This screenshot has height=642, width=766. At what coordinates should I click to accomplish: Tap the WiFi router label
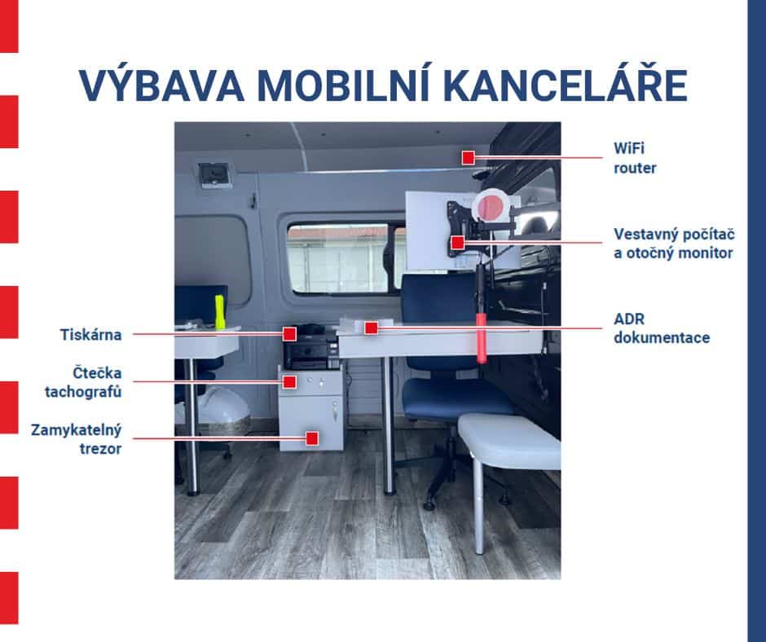[x=635, y=158]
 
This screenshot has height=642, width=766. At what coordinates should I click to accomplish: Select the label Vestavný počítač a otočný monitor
[x=674, y=244]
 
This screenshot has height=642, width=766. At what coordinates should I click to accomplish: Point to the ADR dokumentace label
[x=662, y=328]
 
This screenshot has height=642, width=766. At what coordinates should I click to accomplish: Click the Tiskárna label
[x=91, y=335]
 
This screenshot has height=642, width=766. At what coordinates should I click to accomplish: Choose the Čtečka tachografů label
[x=83, y=382]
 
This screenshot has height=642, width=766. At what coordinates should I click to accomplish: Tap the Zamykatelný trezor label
[x=77, y=439]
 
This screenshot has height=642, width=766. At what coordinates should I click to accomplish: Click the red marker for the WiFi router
[x=469, y=157]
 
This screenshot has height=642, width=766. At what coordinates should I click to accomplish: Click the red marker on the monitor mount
[x=457, y=242]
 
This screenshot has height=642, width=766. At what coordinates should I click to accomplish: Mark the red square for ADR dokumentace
[x=372, y=328]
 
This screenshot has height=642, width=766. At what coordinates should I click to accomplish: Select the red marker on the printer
[x=289, y=334]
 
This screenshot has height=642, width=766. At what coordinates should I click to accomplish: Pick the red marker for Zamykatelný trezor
[x=312, y=438]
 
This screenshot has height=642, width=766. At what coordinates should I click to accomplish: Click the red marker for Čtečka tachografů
[x=289, y=381]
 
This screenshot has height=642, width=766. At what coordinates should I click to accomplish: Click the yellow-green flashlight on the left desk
[x=219, y=311]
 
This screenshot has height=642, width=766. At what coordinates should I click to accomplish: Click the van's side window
[x=345, y=258]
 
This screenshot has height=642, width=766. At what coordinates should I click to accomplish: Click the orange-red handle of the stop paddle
[x=482, y=338]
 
